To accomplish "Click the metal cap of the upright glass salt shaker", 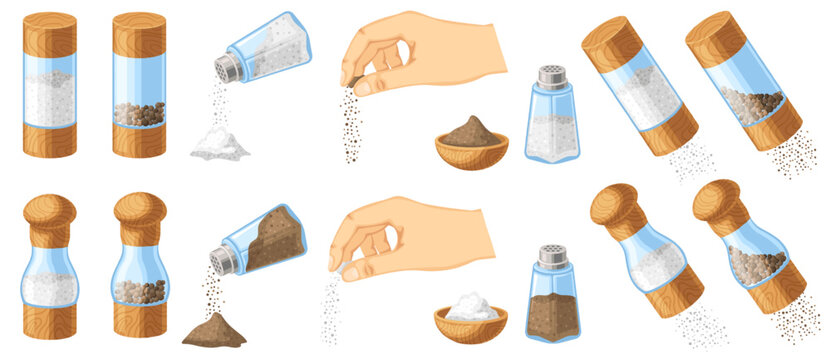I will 550,77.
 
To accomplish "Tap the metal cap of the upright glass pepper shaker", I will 551,256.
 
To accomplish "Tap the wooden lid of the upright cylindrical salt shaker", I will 49,33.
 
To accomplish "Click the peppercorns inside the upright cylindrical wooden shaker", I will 139,114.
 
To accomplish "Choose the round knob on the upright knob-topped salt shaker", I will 50,210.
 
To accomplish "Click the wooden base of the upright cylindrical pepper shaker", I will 139,141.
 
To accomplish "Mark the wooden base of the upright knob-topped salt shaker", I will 49,319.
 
